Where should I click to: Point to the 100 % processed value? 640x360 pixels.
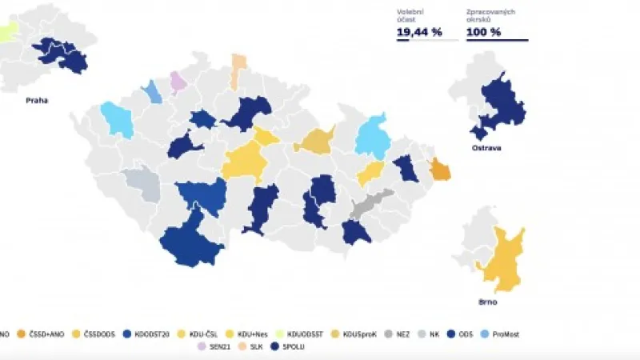pos(484,32)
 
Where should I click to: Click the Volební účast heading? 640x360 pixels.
pos(410,14)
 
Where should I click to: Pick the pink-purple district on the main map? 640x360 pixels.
pos(178,81)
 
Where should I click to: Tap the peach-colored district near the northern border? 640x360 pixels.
pos(238,70)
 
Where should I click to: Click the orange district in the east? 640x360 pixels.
pos(440,170)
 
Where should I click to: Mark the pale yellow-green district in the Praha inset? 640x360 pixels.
pos(8,32)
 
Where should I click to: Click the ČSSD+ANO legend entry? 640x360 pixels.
pos(46,334)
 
